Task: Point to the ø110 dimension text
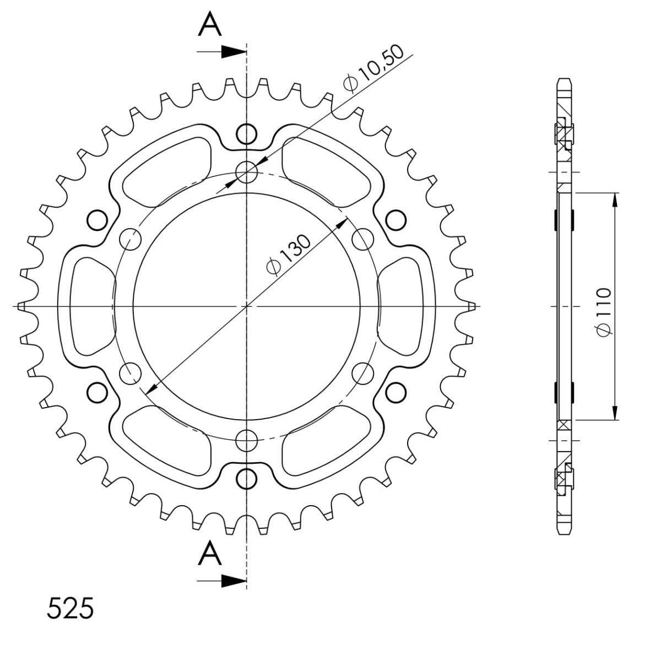603,312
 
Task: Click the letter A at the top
209,25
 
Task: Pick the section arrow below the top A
222,52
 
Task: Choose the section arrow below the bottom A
222,581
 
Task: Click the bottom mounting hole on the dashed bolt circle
247,440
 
